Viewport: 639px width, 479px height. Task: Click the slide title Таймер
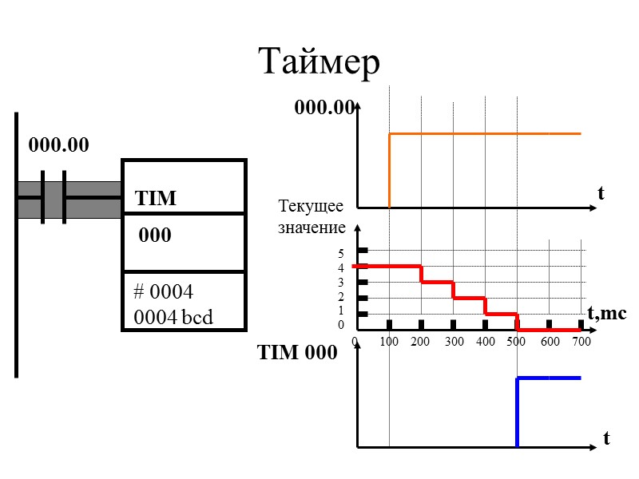click(319, 61)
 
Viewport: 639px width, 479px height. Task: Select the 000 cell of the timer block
click(156, 237)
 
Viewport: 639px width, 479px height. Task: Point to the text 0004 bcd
click(173, 317)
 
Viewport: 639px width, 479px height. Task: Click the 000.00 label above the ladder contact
click(59, 145)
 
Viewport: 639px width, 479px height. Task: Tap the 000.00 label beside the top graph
click(323, 108)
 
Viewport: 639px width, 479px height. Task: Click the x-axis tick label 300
click(453, 342)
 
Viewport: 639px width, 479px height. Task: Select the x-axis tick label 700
click(581, 342)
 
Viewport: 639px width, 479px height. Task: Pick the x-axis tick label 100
click(389, 342)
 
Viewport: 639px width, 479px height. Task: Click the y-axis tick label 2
click(341, 297)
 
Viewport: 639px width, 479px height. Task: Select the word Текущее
click(311, 208)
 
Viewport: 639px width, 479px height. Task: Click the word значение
click(312, 228)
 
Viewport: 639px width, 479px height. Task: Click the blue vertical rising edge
click(517, 411)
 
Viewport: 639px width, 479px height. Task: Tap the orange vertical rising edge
click(389, 170)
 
